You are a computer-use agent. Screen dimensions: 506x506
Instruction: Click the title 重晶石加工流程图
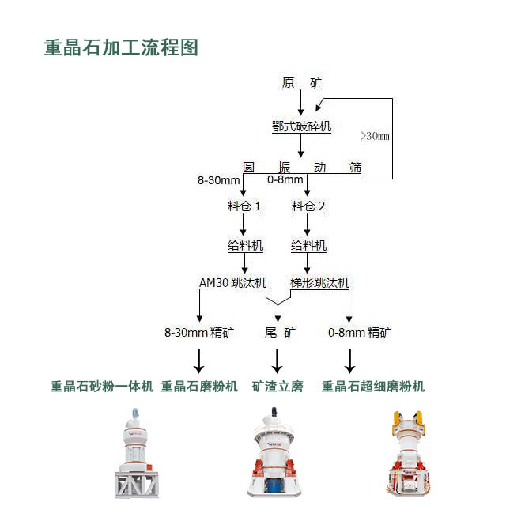point(121,47)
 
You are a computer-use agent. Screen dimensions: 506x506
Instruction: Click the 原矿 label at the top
point(301,82)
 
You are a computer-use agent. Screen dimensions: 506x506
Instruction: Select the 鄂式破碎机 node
point(301,126)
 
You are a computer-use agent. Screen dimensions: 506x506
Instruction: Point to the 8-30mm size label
point(218,180)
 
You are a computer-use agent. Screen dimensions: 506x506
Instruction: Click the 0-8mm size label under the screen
point(283,180)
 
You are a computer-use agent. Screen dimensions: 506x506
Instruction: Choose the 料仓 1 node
point(244,206)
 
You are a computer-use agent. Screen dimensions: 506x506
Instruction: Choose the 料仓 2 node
point(308,206)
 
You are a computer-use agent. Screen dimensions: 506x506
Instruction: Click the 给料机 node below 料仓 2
point(308,246)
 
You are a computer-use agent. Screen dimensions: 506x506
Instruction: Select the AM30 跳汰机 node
point(232,282)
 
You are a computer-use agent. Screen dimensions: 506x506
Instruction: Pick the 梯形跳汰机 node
point(319,282)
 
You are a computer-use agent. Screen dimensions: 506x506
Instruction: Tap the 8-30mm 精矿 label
point(198,333)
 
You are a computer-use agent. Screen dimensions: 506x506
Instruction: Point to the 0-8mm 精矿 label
point(359,333)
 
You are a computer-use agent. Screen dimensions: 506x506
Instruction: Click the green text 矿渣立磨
point(278,387)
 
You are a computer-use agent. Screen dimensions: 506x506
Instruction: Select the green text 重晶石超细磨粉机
point(372,387)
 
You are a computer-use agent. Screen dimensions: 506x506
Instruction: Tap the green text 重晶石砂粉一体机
point(102,387)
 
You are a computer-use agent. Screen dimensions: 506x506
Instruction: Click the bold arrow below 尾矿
point(278,360)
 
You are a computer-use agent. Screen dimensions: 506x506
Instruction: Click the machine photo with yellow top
point(406,454)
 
